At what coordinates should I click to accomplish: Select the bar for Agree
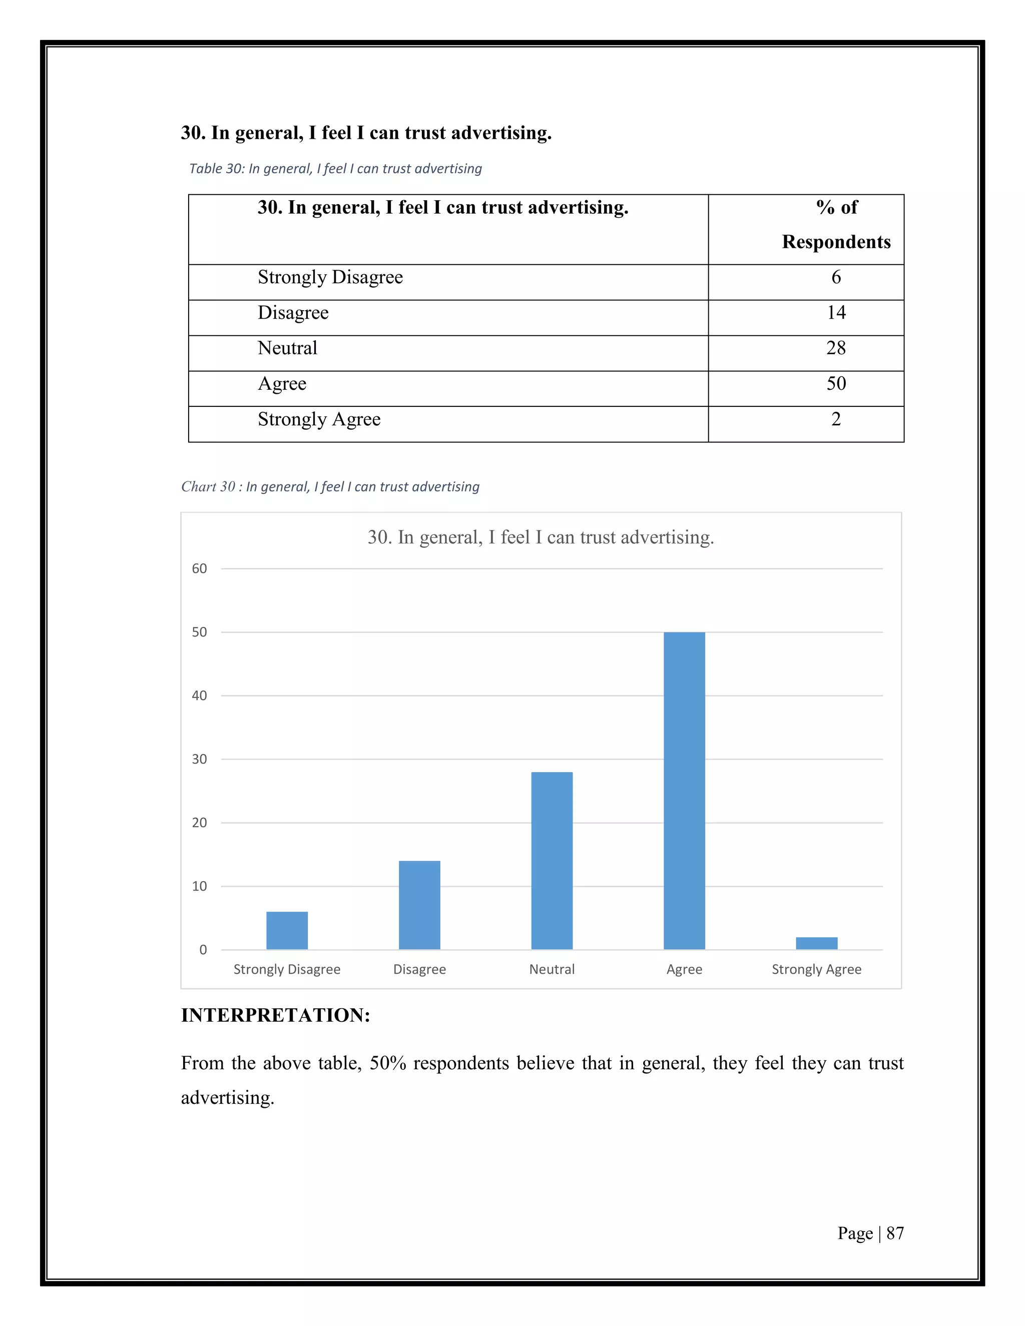point(684,791)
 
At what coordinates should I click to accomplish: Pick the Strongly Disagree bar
point(287,930)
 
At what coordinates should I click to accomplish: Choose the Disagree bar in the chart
point(419,905)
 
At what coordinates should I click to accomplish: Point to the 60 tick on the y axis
point(199,569)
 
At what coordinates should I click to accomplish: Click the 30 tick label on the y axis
point(199,760)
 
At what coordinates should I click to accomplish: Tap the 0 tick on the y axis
point(203,950)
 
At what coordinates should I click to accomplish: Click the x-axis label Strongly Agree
point(816,970)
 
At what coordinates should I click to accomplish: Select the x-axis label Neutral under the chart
point(552,970)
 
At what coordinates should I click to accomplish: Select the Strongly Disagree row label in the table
point(330,278)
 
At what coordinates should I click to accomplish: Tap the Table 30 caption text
point(335,169)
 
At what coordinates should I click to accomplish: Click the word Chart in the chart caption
point(199,487)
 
